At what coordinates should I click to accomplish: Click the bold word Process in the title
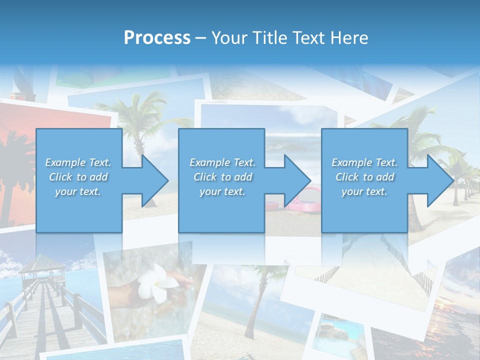tap(157, 37)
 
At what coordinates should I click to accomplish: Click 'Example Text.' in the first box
tap(78, 162)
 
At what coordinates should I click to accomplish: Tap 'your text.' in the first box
tap(78, 191)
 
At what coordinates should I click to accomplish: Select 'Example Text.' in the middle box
tap(222, 162)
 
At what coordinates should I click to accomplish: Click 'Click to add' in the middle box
tap(222, 177)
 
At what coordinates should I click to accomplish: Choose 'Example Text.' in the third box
tap(364, 162)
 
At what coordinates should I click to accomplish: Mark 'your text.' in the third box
tap(364, 191)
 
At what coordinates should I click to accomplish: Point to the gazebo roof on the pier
tap(42, 263)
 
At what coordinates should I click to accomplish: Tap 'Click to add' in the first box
tap(78, 177)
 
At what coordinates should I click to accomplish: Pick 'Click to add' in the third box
tap(364, 177)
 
